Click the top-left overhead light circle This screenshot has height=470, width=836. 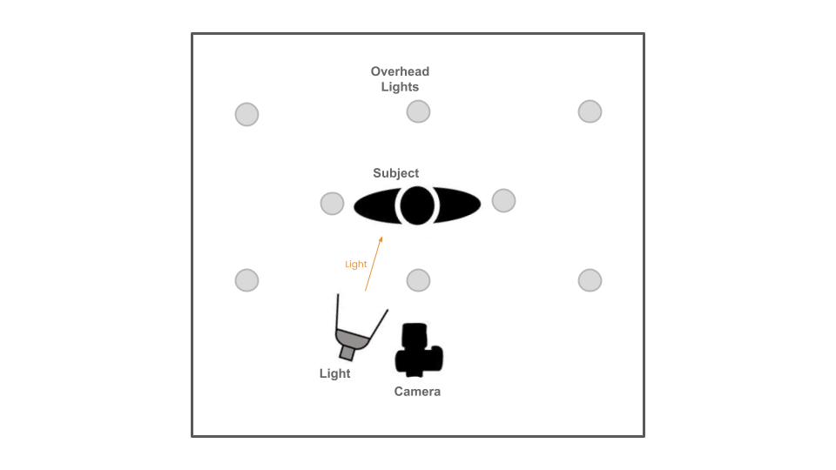[246, 115]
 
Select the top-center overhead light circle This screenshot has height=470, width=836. [419, 112]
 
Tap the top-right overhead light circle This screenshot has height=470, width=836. [590, 112]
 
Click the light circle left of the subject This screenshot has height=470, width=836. [332, 204]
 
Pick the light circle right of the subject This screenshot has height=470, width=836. [504, 201]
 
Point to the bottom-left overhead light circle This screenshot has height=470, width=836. [246, 280]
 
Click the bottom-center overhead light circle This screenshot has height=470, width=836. [419, 280]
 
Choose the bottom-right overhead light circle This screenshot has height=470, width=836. [590, 280]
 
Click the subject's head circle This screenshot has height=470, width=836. [417, 205]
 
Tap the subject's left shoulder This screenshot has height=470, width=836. [374, 205]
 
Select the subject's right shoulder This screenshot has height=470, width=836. [459, 205]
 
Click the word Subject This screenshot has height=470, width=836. [395, 173]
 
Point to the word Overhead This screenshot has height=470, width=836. [400, 71]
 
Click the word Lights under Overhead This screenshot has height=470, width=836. [400, 87]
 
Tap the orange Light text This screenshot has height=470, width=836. [355, 265]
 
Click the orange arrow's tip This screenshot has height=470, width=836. [381, 237]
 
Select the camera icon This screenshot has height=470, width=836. [419, 350]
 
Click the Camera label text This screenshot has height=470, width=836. [417, 392]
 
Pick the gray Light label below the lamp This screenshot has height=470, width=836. [334, 373]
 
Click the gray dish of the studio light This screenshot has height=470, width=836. [351, 339]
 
